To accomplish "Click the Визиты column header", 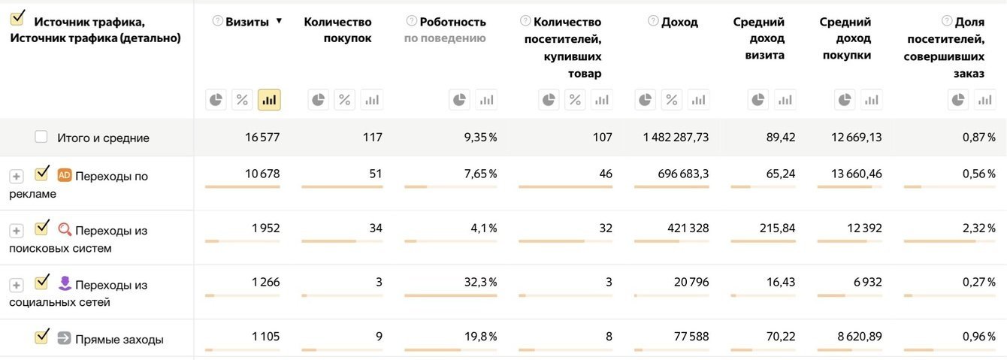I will point(247,22).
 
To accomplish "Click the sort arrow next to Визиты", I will point(280,21).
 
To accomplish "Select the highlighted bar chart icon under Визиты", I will point(269,100).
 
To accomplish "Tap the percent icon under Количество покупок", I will point(345,100).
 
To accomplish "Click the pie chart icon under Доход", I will point(646,100).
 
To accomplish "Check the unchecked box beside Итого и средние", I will point(41,137).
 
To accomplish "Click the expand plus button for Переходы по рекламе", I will point(17,177).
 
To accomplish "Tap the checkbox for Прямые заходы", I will point(42,337).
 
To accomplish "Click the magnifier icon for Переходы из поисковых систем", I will point(65,229).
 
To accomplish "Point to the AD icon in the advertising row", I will point(65,175).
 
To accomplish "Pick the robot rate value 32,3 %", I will point(480,283).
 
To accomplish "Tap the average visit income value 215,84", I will point(777,228).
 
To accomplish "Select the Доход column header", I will point(679,22).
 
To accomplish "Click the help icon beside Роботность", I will point(411,21).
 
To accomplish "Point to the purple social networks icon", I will point(65,283).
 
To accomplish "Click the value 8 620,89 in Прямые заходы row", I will point(860,337).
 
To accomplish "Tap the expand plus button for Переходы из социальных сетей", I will point(17,286).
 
